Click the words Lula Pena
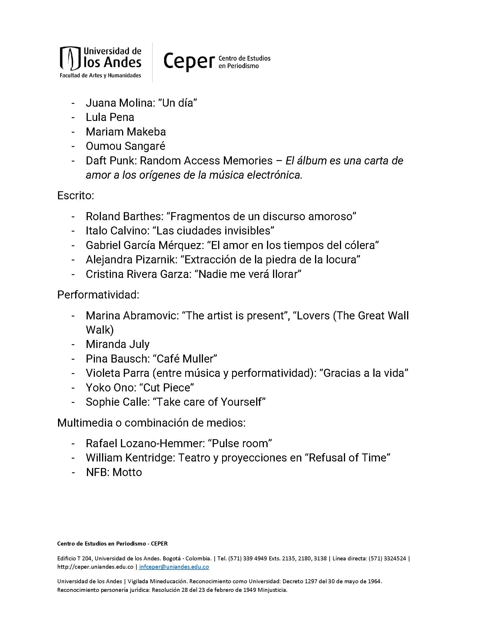coord(110,117)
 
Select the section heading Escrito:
coord(76,196)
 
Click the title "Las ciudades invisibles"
coord(213,231)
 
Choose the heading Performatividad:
coord(98,294)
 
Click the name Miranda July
coord(117,344)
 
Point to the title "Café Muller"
coord(185,359)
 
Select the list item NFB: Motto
coord(114,472)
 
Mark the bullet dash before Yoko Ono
coord(73,387)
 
